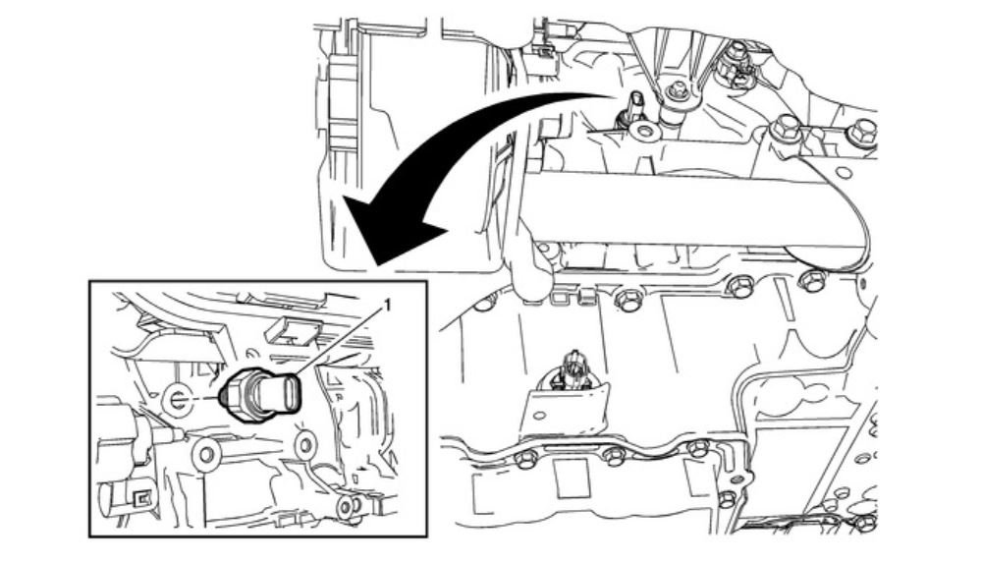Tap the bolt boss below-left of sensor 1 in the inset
(x=206, y=452)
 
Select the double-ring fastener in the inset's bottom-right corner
(x=345, y=507)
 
